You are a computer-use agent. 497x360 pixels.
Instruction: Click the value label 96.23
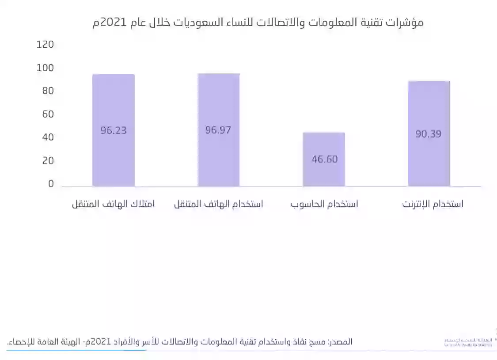click(x=114, y=131)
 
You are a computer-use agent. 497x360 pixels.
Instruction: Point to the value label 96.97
click(x=218, y=130)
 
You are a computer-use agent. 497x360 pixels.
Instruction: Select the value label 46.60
click(x=324, y=159)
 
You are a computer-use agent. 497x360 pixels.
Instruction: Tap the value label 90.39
click(x=429, y=133)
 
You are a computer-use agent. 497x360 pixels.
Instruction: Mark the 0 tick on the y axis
click(x=51, y=184)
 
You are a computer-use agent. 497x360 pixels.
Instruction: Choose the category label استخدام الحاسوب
click(x=324, y=204)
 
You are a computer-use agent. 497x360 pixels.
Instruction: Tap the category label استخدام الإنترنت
click(x=433, y=204)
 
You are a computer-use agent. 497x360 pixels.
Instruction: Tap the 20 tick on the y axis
click(x=48, y=161)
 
